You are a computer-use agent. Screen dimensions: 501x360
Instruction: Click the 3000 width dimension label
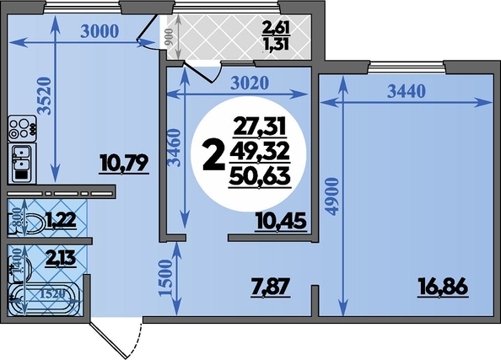click(100, 32)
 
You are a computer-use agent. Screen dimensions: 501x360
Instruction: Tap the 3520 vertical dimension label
click(44, 95)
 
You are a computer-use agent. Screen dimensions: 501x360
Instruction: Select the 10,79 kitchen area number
click(124, 164)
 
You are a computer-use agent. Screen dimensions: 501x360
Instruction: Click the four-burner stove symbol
click(22, 128)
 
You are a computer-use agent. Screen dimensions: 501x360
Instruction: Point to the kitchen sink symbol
click(22, 162)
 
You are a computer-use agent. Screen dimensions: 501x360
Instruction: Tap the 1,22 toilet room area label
click(61, 220)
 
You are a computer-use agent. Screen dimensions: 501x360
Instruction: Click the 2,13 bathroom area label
click(61, 259)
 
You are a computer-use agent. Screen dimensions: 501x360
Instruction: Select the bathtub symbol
click(44, 299)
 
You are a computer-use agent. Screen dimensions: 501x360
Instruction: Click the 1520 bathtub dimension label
click(53, 294)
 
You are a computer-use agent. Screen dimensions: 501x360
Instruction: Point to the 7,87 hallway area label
click(270, 287)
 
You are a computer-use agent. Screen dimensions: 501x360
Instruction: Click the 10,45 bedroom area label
click(281, 222)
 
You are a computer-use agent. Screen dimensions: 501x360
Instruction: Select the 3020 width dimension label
click(250, 83)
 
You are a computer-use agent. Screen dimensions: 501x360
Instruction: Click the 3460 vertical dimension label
click(175, 148)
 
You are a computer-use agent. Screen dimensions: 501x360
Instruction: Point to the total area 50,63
click(260, 177)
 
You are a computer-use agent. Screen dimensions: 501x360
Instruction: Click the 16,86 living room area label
click(443, 287)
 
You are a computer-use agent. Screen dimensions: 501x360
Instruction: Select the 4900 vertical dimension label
click(332, 196)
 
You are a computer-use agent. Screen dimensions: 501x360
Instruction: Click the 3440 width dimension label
click(407, 92)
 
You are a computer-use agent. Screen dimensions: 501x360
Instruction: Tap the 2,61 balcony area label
click(276, 29)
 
